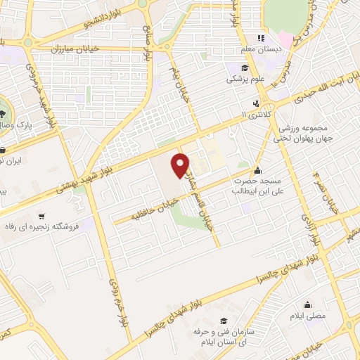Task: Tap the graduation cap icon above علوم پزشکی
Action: click(x=245, y=68)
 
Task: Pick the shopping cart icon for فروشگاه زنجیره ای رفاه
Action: click(x=43, y=217)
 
